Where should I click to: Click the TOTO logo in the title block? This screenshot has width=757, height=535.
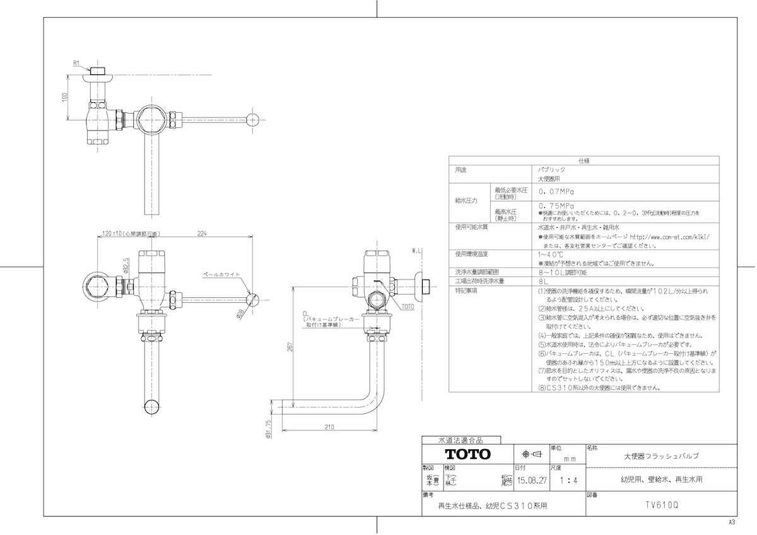[468, 454]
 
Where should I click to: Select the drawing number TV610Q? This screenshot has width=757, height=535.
[661, 505]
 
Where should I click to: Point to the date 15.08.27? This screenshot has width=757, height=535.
[532, 480]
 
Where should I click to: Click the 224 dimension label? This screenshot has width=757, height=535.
[202, 233]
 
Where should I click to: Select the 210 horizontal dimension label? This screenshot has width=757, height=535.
[329, 427]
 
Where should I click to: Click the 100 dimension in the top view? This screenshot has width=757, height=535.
[65, 98]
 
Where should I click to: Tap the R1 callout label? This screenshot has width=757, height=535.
[76, 63]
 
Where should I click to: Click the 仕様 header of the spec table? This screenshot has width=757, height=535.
[584, 162]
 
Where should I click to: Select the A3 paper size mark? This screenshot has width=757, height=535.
[732, 522]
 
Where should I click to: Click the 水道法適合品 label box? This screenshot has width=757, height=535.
[461, 440]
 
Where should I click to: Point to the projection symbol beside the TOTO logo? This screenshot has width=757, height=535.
[529, 454]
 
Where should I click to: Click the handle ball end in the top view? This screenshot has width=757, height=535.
[253, 119]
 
